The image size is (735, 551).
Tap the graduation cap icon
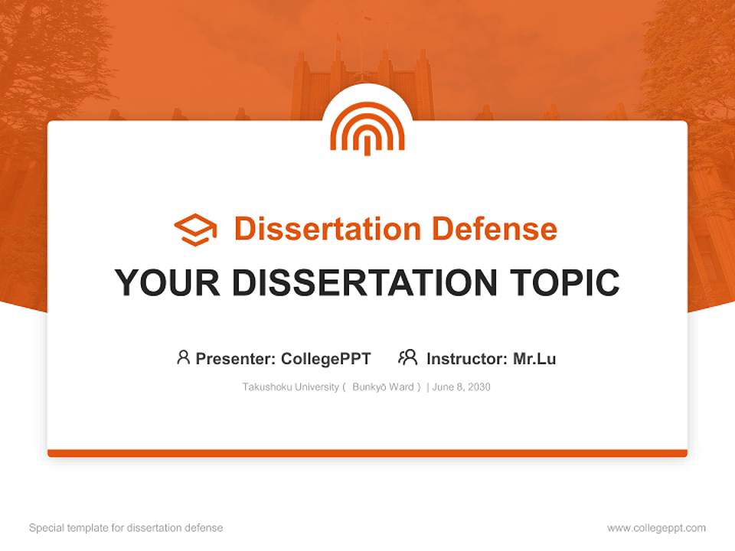pos(195,230)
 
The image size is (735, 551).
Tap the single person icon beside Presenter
pos(183,357)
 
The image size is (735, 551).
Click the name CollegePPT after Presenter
pos(325,359)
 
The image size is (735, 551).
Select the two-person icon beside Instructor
pos(407,357)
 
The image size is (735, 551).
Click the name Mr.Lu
pos(534,359)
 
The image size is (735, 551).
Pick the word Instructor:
pos(466,359)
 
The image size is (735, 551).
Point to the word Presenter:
pos(236,359)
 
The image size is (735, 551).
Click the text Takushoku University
pos(290,387)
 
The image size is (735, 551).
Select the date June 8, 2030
pos(461,387)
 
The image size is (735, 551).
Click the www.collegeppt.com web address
pos(656,528)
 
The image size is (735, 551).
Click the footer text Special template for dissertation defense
pos(126,528)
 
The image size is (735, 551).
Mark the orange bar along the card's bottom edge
pos(367,453)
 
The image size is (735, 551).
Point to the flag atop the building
pos(367,17)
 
